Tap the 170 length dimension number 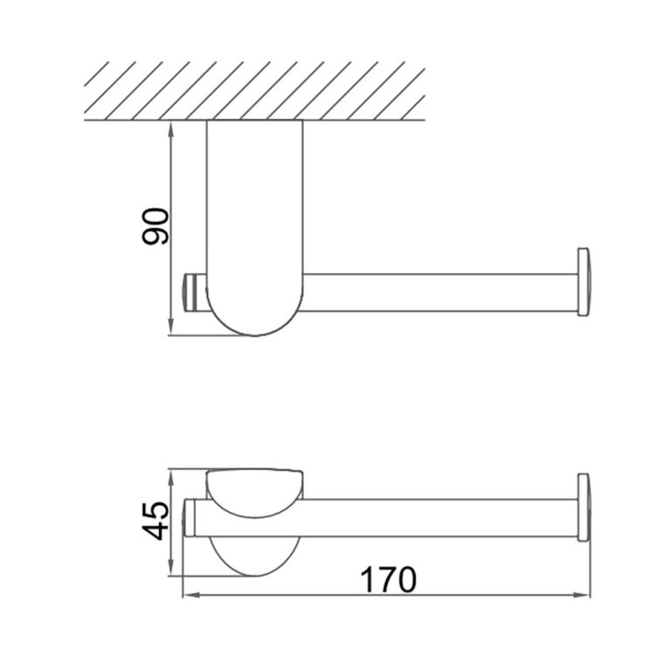[x=386, y=579]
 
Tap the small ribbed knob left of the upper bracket [x=192, y=292]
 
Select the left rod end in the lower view [x=190, y=519]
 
